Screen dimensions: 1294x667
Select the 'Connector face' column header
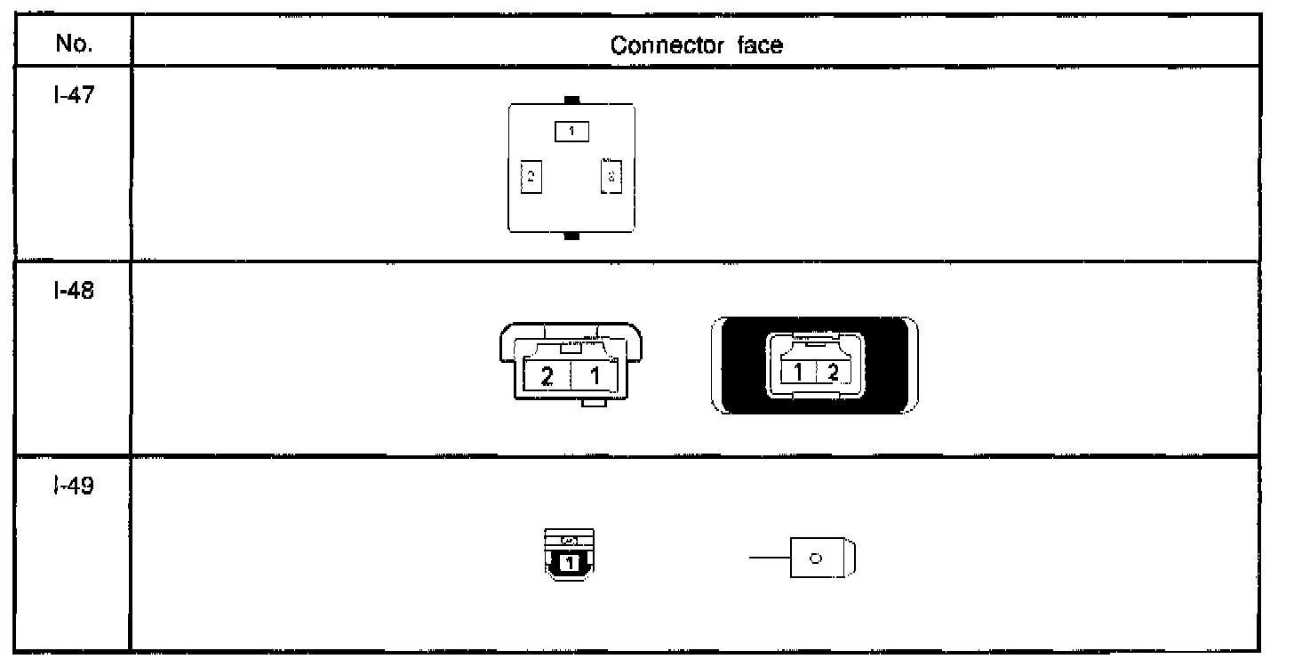[697, 46]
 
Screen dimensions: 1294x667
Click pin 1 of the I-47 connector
[572, 132]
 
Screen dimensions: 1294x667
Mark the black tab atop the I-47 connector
[572, 100]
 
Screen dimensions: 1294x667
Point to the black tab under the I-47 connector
[572, 237]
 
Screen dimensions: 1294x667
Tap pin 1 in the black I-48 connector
[798, 371]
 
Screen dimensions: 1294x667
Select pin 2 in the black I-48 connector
[833, 371]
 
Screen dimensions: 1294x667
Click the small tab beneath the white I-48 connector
[593, 404]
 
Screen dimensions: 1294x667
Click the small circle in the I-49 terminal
[815, 559]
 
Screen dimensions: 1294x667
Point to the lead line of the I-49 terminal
[768, 559]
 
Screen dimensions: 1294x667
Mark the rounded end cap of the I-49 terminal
[849, 559]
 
